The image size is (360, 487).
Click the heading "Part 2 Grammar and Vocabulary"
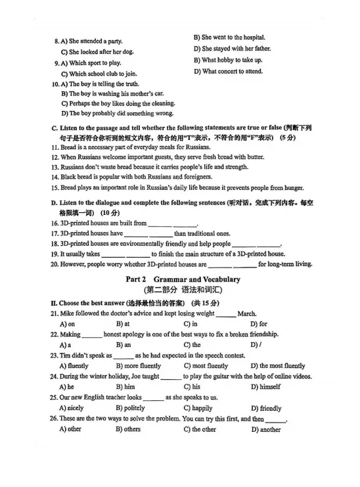[183, 279]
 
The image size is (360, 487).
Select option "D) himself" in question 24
[265, 386]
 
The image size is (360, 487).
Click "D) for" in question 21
[259, 324]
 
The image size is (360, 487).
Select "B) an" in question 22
[124, 344]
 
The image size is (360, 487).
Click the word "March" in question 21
[246, 313]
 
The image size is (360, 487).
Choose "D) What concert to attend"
[228, 71]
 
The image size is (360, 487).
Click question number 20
[55, 264]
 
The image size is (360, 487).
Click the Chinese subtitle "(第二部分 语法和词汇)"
[183, 289]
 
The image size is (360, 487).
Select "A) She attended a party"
[91, 41]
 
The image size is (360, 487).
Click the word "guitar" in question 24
[220, 377]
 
